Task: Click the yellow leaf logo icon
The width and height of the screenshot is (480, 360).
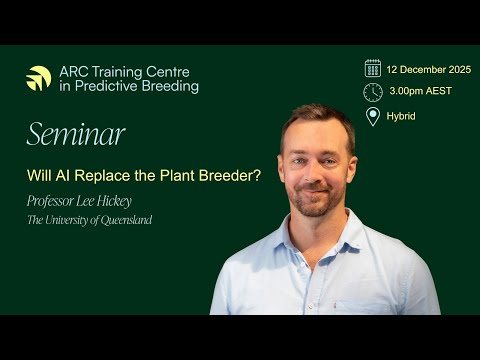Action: pos(39,79)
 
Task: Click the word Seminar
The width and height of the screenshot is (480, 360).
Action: pos(76,134)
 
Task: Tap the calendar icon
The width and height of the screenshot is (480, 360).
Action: pos(373,68)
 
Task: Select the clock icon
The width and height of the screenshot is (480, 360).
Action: pos(373,92)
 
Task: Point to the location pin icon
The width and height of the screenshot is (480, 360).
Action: pos(373,116)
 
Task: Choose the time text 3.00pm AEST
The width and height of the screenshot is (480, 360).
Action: pos(419,92)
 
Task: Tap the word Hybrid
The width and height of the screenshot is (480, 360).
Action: pos(401,116)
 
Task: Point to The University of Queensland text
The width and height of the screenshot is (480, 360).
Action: pos(90,220)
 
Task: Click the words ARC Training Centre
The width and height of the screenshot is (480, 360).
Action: pos(124,72)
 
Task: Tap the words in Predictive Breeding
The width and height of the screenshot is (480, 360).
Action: pos(128,87)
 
